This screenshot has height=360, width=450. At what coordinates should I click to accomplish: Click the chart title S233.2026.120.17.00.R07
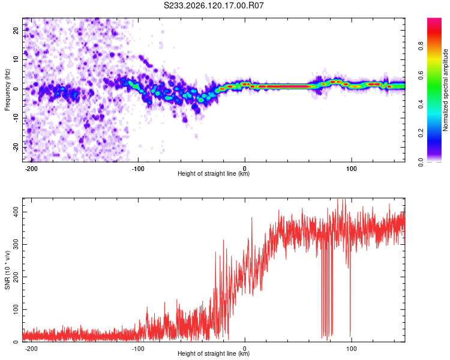tap(214, 5)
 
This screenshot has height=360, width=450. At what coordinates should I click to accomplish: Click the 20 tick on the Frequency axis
tap(16, 30)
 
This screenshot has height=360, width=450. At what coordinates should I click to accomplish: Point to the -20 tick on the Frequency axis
tap(16, 148)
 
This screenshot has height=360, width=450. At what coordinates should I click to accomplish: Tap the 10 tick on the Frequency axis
tap(16, 59)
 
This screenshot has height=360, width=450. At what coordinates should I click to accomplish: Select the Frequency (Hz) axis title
tap(7, 89)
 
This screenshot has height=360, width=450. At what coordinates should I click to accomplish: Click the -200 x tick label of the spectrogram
tap(31, 169)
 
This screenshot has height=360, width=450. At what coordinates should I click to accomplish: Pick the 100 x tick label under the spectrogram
tap(351, 169)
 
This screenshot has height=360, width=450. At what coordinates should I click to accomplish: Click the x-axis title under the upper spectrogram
tap(214, 173)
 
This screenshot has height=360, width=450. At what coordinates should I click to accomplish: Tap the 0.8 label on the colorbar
tap(421, 46)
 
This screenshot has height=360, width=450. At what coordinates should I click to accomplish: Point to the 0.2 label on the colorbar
tap(421, 133)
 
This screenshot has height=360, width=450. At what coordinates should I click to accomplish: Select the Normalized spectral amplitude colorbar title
tap(445, 90)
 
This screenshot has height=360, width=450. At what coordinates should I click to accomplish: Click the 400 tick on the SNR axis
tap(16, 212)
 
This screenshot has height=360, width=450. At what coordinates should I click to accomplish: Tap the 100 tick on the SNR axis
tap(16, 310)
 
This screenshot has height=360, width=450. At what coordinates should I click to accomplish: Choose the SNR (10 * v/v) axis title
tap(7, 270)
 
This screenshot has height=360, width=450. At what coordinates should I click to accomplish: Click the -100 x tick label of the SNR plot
tap(138, 349)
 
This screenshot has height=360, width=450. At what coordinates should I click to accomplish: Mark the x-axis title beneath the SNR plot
tap(214, 353)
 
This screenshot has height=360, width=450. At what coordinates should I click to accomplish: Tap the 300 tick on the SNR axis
tap(16, 245)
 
